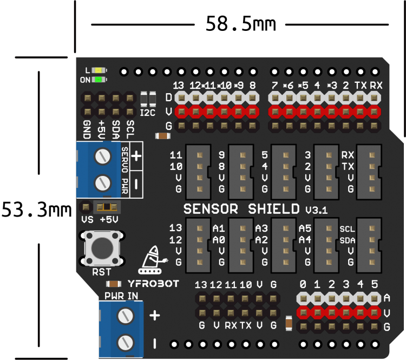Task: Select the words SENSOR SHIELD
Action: click(x=241, y=208)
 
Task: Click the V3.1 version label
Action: click(x=316, y=210)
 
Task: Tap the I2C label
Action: click(x=148, y=113)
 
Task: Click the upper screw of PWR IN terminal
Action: click(x=126, y=315)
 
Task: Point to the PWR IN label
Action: click(x=121, y=296)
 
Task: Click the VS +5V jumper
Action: click(x=107, y=207)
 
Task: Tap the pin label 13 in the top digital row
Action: click(x=179, y=86)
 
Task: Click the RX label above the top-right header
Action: click(x=376, y=85)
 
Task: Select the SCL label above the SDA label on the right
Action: click(x=348, y=229)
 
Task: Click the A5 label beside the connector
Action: click(x=305, y=228)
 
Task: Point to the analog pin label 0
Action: click(x=303, y=285)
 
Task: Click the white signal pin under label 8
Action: click(x=252, y=98)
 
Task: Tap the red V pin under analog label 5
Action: click(x=374, y=312)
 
